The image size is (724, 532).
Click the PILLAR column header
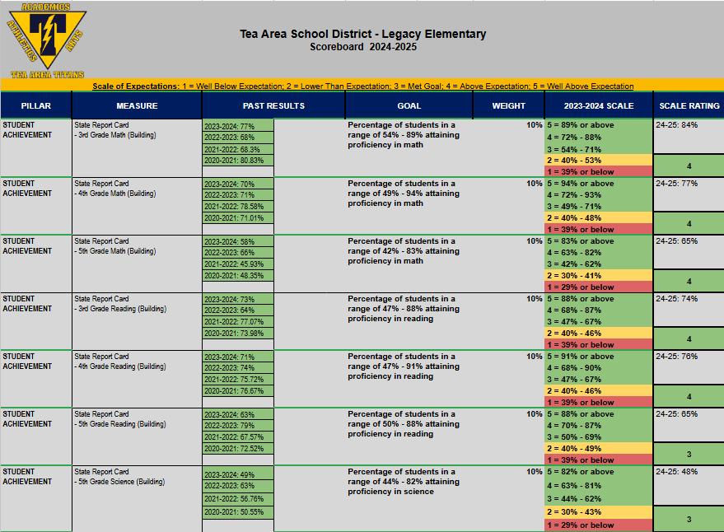tap(35, 105)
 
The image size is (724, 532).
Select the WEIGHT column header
tap(508, 105)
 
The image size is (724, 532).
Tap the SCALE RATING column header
tap(689, 105)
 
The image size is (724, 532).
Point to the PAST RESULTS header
tap(273, 105)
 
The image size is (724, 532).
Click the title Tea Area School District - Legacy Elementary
tap(362, 35)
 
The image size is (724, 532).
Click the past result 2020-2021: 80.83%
tap(235, 161)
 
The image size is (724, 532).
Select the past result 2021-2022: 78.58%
tap(235, 207)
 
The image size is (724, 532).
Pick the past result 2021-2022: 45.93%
tap(235, 264)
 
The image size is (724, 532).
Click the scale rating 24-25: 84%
tap(677, 125)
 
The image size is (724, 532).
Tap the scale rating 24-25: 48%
tap(677, 472)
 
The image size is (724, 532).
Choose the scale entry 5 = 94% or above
tap(581, 184)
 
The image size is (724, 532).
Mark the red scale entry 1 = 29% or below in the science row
tap(581, 525)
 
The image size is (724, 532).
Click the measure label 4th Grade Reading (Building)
tap(120, 366)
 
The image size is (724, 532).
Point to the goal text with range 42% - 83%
tap(403, 251)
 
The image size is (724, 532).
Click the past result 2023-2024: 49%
tap(230, 475)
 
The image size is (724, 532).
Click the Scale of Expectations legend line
tap(362, 86)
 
